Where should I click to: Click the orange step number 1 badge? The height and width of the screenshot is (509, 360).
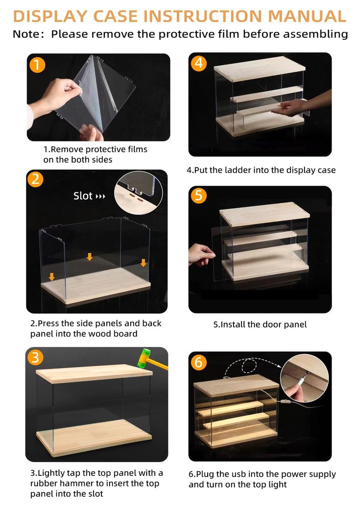(37, 65)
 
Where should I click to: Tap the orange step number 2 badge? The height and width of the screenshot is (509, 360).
(35, 179)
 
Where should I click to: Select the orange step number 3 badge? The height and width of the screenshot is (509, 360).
(35, 357)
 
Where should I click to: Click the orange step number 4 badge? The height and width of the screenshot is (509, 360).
(199, 63)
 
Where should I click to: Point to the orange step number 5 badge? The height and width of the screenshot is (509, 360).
(199, 195)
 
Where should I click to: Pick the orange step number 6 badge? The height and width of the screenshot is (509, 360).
(199, 361)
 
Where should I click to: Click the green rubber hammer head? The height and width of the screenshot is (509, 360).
(144, 358)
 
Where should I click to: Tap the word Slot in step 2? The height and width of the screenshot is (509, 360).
(83, 196)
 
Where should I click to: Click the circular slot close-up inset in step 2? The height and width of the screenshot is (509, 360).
(139, 193)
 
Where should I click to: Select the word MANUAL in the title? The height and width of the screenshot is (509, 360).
(308, 16)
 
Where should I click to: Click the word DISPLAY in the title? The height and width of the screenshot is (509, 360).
(50, 16)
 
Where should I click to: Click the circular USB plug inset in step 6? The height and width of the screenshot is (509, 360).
(304, 378)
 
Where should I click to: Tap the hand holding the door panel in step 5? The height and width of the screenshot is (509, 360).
(201, 254)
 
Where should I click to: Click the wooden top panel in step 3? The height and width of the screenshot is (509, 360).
(94, 373)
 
